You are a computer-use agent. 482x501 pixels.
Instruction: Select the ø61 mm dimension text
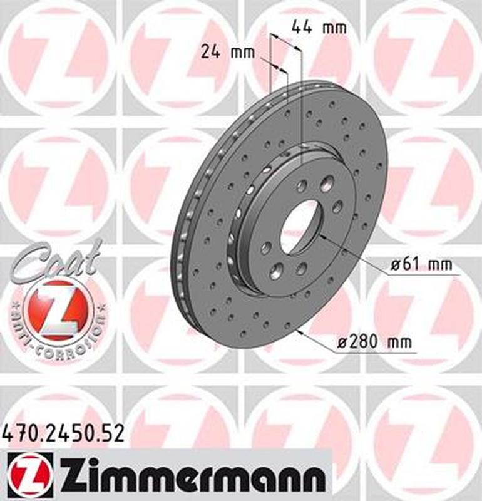(421, 264)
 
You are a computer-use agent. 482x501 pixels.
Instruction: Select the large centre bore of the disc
(300, 227)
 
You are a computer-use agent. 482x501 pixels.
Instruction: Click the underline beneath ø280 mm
(376, 353)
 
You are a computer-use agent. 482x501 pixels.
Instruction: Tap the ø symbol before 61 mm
(396, 264)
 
